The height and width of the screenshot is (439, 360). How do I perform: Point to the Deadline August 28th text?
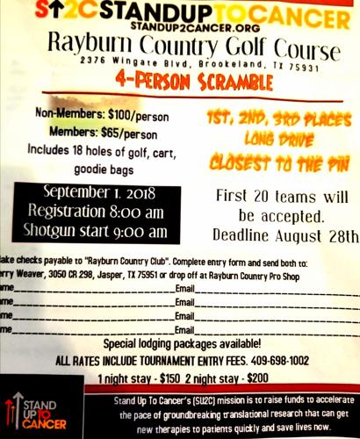286,235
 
